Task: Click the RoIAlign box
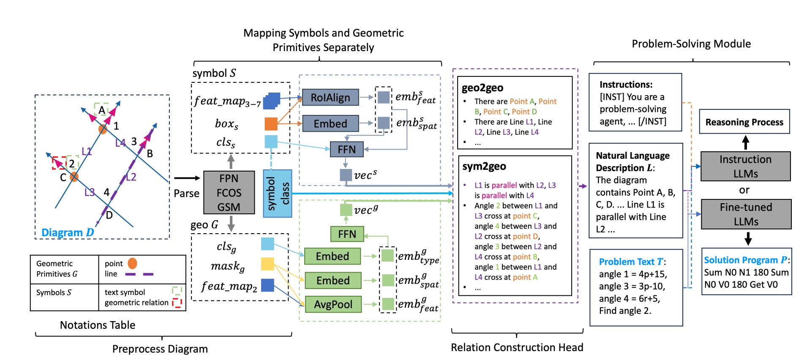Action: click(330, 98)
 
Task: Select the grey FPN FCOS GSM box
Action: click(229, 193)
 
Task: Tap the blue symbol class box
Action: click(278, 194)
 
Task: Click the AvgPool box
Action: click(333, 304)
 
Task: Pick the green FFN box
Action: click(347, 234)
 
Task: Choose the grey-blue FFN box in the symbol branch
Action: click(346, 149)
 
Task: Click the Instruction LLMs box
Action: click(745, 166)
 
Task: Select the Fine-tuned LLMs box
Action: click(746, 214)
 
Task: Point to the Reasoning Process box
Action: click(744, 122)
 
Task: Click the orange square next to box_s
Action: click(271, 124)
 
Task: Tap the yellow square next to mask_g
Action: click(267, 264)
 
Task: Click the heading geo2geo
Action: click(483, 88)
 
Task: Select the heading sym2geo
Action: click(484, 166)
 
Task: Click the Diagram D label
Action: click(68, 232)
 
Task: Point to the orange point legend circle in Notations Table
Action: click(132, 263)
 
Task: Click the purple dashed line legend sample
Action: click(139, 274)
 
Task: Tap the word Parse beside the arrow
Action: click(186, 194)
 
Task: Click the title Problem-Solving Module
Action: click(691, 44)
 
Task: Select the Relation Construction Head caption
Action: click(517, 347)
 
